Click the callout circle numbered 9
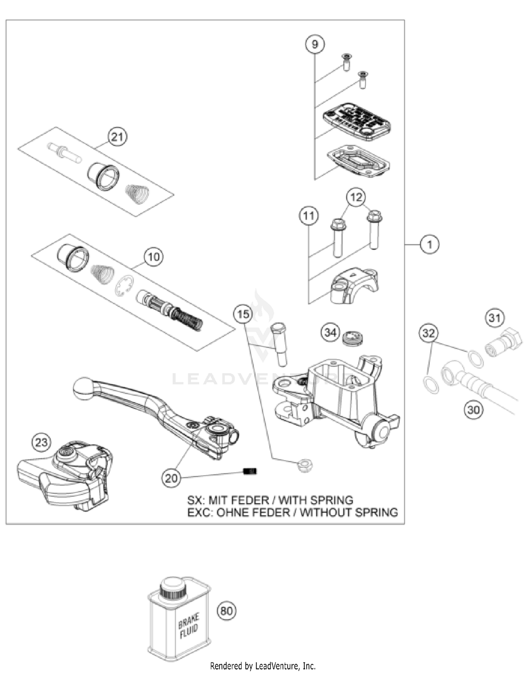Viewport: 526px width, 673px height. pyautogui.click(x=315, y=44)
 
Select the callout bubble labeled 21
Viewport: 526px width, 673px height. pyautogui.click(x=117, y=137)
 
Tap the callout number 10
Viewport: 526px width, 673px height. pyautogui.click(x=154, y=257)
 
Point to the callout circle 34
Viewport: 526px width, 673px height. pyautogui.click(x=330, y=332)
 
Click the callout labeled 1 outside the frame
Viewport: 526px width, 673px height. pyautogui.click(x=430, y=244)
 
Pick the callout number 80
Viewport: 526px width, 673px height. pyautogui.click(x=226, y=611)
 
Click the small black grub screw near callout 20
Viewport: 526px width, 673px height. pyautogui.click(x=250, y=471)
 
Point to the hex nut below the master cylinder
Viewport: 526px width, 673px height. pyautogui.click(x=304, y=466)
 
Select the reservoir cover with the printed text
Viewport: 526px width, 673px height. pyautogui.click(x=357, y=121)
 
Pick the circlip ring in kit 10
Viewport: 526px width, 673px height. pyautogui.click(x=124, y=286)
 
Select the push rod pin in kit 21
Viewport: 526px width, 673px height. pyautogui.click(x=64, y=153)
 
